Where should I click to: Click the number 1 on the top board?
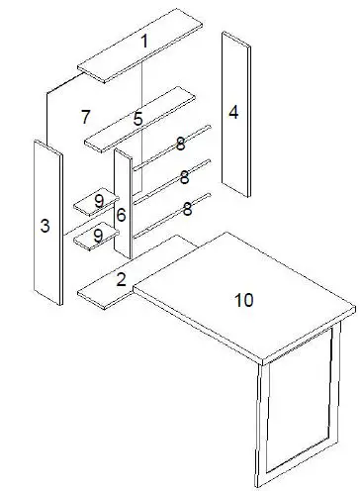(x=144, y=42)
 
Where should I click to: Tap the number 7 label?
(x=87, y=118)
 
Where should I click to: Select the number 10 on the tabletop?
(x=243, y=300)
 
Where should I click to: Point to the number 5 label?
(x=138, y=119)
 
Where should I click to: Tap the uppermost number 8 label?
(x=180, y=144)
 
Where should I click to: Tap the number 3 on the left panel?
(x=45, y=227)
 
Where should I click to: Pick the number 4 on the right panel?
(x=233, y=112)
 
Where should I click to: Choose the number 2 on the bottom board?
(x=121, y=280)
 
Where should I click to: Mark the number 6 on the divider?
(x=121, y=215)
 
